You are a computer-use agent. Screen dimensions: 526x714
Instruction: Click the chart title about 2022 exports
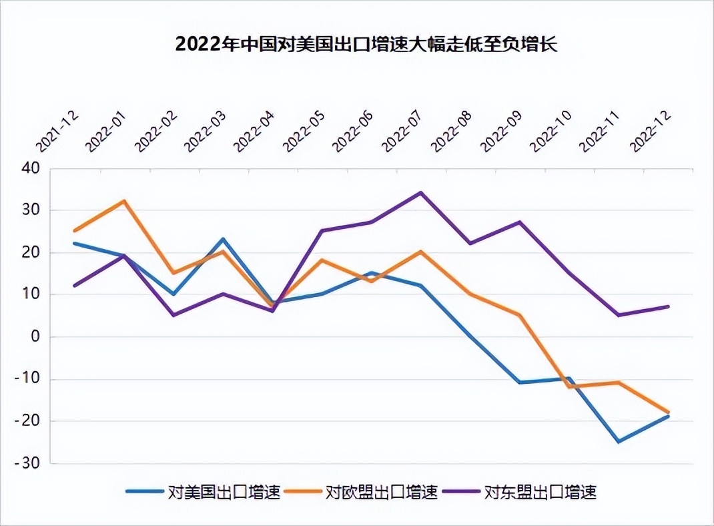[x=366, y=44]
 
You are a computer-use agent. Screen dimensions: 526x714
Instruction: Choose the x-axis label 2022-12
[x=651, y=131]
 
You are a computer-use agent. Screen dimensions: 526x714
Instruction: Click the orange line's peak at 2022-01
[x=124, y=201]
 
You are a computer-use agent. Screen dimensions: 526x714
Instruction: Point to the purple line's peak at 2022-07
[x=420, y=193]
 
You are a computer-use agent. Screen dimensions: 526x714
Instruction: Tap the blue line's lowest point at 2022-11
[x=619, y=442]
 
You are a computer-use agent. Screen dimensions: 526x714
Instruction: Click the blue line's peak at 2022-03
[x=223, y=239]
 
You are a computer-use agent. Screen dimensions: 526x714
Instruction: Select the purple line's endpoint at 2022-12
[x=668, y=307]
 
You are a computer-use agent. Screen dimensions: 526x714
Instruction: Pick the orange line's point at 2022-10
[x=569, y=386]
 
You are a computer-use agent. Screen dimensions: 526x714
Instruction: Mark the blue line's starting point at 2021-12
[x=75, y=243]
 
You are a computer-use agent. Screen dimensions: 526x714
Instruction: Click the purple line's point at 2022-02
[x=173, y=315]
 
